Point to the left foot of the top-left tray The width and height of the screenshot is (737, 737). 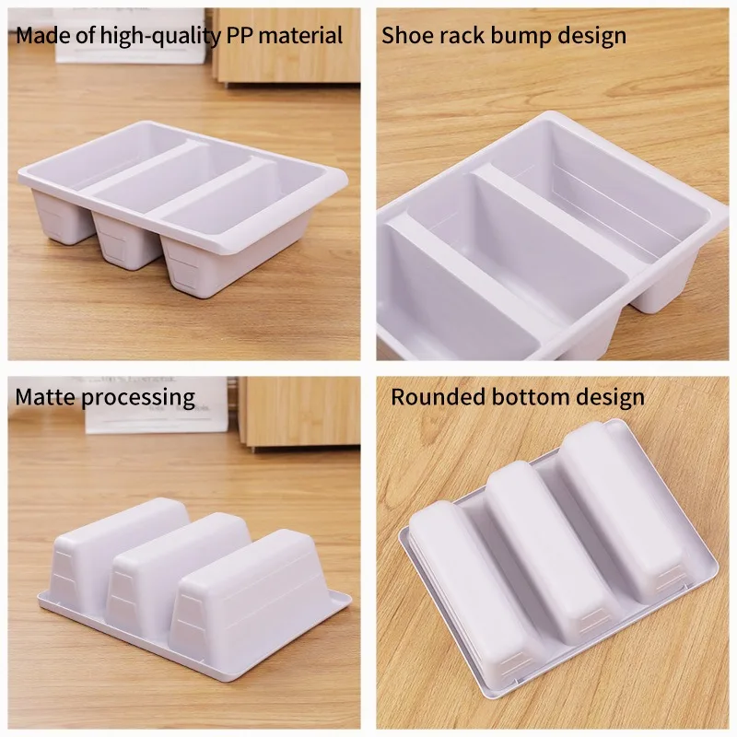[x=60, y=219]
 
